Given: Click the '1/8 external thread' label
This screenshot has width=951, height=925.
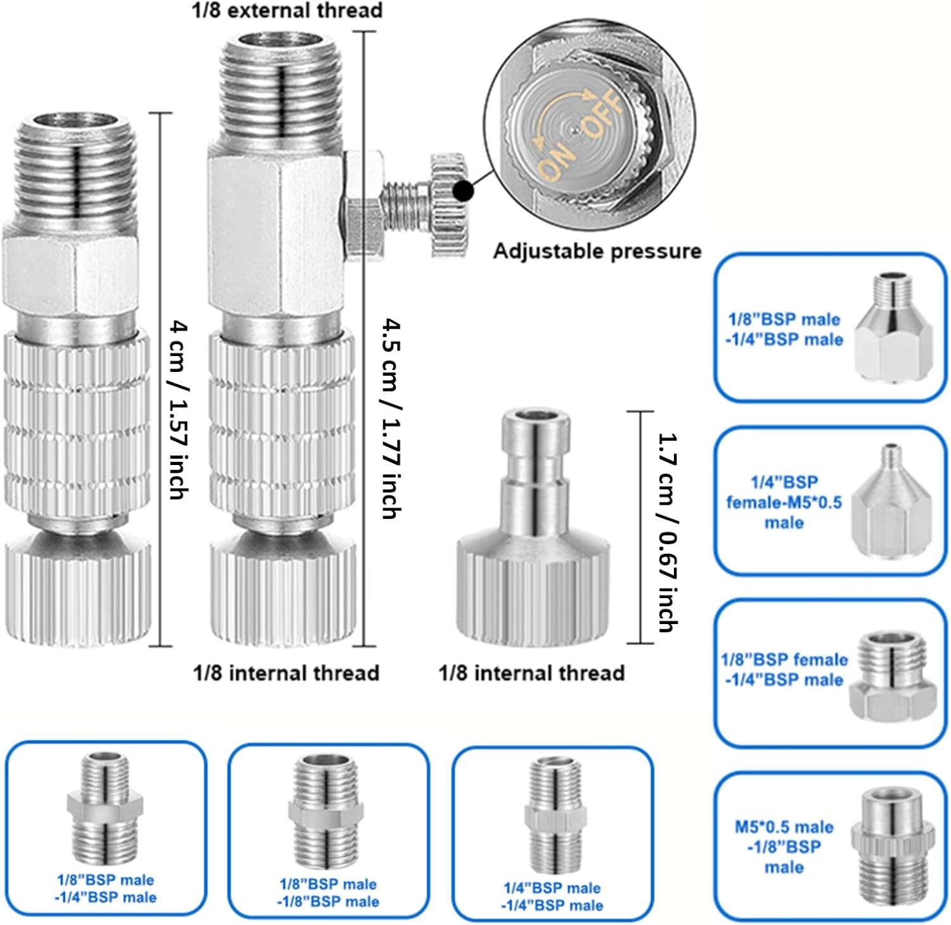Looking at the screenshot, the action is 287,10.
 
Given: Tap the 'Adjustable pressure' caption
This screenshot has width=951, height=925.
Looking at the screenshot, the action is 597,251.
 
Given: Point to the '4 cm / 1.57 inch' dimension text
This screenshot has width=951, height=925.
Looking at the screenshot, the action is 179,410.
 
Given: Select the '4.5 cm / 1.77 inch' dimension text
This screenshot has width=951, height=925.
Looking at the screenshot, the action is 391,419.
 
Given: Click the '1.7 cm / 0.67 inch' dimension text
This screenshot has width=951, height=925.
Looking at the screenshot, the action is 668,532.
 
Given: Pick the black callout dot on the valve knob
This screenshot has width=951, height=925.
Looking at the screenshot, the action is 465,189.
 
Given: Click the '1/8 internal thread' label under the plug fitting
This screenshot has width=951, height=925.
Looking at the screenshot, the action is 531,672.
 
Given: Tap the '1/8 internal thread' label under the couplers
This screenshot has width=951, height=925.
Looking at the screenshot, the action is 286,672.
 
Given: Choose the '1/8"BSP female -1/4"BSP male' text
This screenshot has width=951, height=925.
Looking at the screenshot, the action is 784,670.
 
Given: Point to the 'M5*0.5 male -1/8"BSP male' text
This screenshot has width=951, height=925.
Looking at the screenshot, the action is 784,847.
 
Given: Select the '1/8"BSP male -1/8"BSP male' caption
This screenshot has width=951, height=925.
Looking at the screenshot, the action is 328,893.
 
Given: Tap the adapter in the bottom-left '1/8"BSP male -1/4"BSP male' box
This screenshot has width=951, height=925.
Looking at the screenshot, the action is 105,810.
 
